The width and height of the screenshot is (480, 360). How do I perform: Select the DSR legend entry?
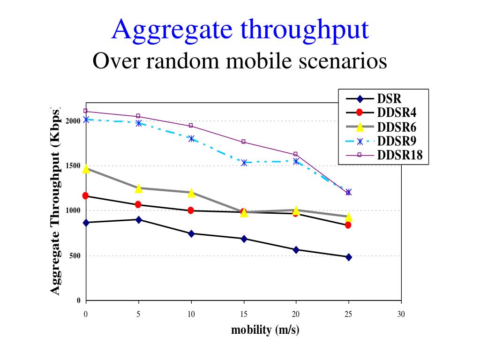point(389,99)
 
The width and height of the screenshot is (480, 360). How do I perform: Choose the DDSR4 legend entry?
point(397,112)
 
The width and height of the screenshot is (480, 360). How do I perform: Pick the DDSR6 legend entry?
point(397,127)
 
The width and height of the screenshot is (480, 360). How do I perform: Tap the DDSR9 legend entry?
point(397,141)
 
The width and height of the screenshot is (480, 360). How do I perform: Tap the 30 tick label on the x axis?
point(401,315)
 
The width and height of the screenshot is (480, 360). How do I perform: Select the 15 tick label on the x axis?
point(243,315)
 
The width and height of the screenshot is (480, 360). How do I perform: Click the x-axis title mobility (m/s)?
point(265,330)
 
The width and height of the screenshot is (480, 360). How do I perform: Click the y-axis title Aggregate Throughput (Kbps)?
point(55,202)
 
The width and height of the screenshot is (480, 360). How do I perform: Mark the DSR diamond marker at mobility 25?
point(348,257)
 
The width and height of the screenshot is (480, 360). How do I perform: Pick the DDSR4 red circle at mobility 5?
point(138,205)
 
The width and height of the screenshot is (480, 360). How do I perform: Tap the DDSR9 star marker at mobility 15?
point(244,163)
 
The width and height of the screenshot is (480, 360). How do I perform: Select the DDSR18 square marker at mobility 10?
point(191,126)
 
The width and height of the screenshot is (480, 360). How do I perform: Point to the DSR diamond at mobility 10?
point(191,233)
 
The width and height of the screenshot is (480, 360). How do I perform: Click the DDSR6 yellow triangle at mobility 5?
point(138,188)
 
